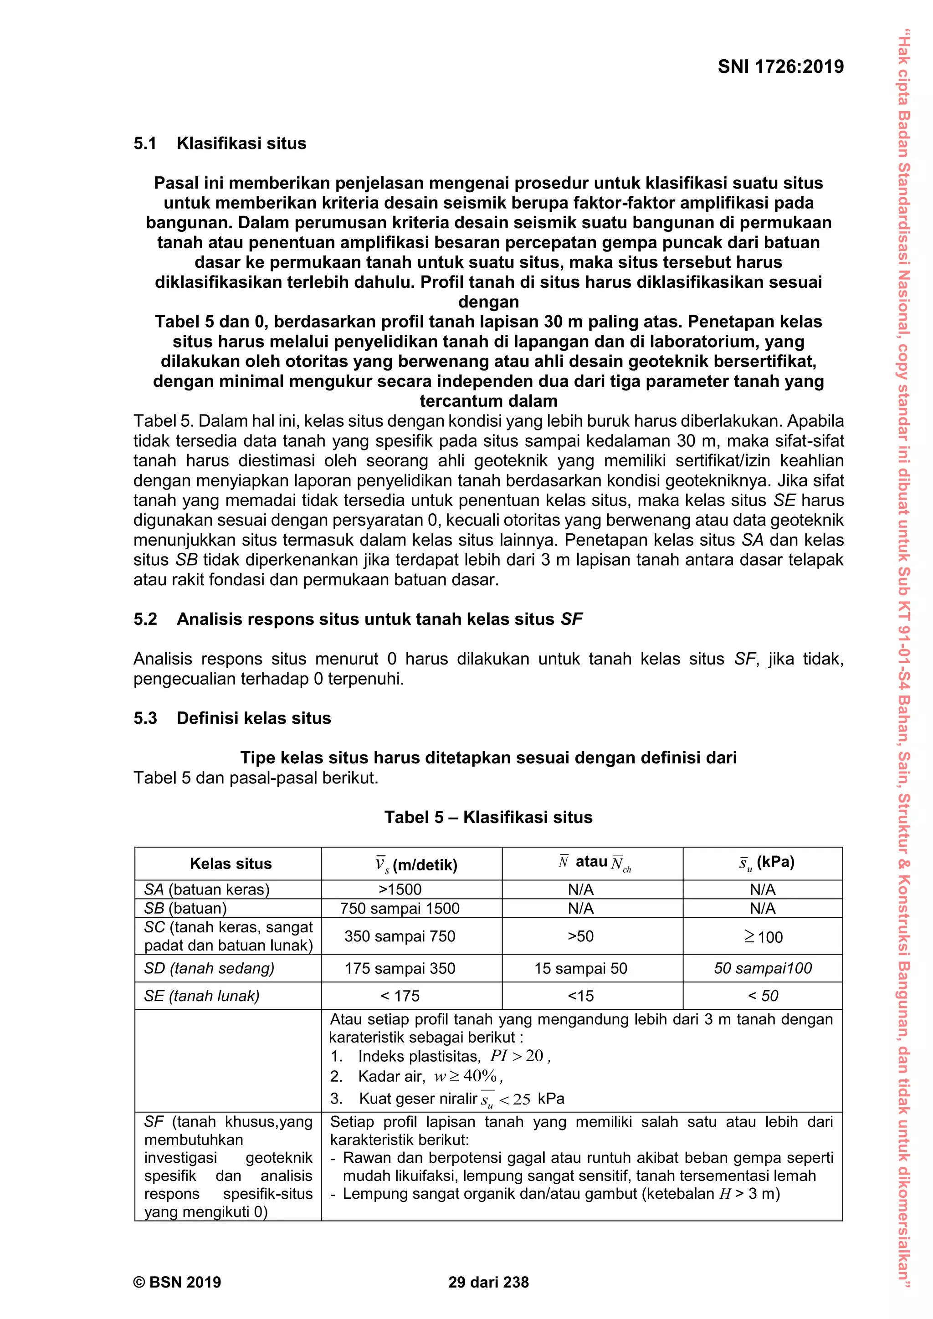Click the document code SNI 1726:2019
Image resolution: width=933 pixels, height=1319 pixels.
[x=780, y=66]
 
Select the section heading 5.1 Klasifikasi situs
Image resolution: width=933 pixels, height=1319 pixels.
[x=220, y=143]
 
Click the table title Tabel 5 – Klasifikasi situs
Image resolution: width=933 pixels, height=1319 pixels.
[x=488, y=817]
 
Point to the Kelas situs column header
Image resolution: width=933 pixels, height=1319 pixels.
[x=231, y=864]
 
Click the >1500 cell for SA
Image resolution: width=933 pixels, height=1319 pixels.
[x=400, y=890]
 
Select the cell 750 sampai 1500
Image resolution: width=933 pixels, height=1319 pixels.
[x=400, y=908]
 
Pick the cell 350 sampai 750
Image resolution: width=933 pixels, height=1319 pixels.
[x=400, y=936]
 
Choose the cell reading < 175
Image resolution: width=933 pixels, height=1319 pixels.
[x=400, y=996]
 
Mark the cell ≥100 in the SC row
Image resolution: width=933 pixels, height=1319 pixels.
[x=764, y=937]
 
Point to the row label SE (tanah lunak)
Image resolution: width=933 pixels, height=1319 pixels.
[x=202, y=996]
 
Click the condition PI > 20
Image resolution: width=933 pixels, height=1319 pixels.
[x=519, y=1056]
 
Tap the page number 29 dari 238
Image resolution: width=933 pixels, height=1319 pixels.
[x=488, y=1282]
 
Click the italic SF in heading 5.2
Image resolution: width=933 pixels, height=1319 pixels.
[x=571, y=619]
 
